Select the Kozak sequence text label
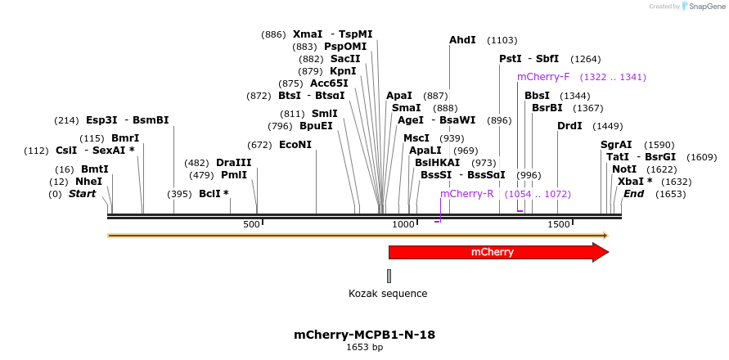coord(388,293)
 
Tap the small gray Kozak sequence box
coord(389,276)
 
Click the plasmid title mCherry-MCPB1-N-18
coord(364,335)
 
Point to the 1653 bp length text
coord(364,347)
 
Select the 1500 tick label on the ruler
coord(558,224)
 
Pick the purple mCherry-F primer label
coord(543,77)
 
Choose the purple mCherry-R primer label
coord(466,194)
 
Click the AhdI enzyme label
coord(462,39)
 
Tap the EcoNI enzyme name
coord(295,145)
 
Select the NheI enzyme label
coord(88,182)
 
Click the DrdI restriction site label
coord(569,125)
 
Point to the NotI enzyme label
coord(624,169)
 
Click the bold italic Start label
coord(82,194)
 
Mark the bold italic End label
coord(634,194)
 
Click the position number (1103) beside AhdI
coord(502,39)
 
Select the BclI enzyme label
coord(214,194)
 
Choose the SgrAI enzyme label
coord(616,145)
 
